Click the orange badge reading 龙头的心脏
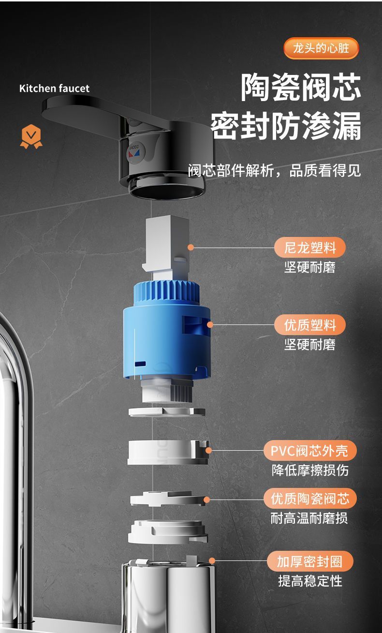[321, 48]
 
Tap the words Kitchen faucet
[54, 88]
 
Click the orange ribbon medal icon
[31, 136]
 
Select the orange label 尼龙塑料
[310, 248]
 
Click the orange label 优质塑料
[310, 324]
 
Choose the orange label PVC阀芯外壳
[310, 450]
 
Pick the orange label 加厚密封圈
[310, 561]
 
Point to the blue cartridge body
[167, 329]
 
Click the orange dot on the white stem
[191, 248]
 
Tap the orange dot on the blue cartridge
[210, 324]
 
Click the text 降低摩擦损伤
[310, 470]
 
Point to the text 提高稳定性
[310, 581]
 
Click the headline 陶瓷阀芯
[301, 88]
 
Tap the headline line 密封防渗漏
[285, 126]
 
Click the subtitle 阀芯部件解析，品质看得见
[274, 170]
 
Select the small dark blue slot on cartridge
[140, 364]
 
